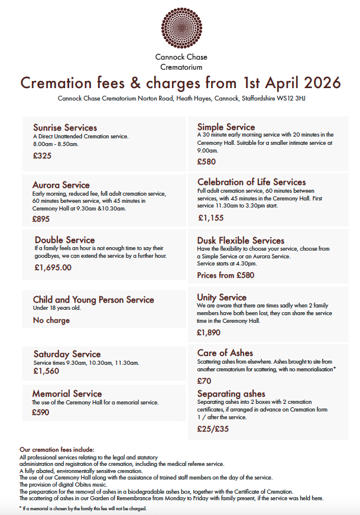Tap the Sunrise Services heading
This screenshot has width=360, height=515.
65,128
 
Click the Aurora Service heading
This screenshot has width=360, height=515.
61,185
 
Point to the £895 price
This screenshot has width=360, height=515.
41,219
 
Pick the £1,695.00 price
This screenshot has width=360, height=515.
53,267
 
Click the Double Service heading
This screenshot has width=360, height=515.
64,239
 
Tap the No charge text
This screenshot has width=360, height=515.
51,320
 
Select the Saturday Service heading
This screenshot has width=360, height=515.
67,354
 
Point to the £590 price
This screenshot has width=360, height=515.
41,413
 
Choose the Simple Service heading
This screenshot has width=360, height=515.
226,127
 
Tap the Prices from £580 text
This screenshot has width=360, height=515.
225,275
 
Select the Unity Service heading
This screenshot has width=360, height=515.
222,297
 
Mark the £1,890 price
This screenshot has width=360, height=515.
209,332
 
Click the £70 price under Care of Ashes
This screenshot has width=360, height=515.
204,381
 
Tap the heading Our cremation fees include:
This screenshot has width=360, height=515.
57,449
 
